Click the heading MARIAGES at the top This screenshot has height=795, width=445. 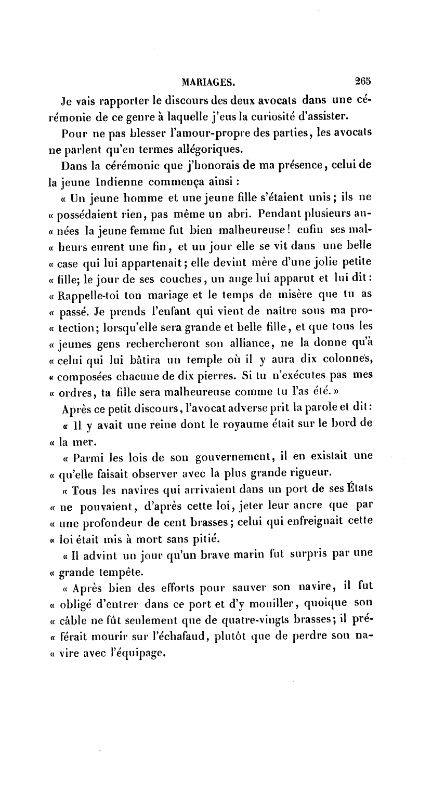click(208, 81)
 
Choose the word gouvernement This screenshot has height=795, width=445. click(233, 457)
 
